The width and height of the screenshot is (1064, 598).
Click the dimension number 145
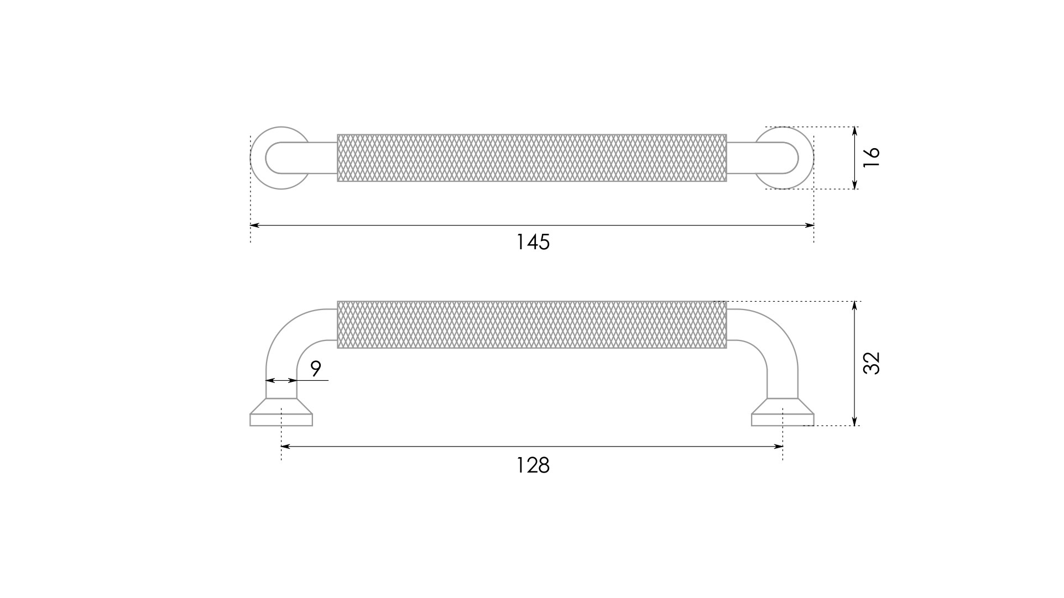coord(533,242)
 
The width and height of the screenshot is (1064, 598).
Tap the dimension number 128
coord(533,465)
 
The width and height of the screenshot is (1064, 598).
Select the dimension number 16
coord(871,158)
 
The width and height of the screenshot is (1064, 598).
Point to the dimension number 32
coord(871,363)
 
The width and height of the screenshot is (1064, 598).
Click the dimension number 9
coord(316,368)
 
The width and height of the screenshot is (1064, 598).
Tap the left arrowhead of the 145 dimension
coord(254,225)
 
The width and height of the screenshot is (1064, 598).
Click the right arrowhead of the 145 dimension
coord(809,225)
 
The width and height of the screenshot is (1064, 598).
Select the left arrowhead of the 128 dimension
coord(286,446)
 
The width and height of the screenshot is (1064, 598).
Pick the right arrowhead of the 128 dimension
coord(778,446)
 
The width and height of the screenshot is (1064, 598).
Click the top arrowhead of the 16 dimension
coord(855,132)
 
